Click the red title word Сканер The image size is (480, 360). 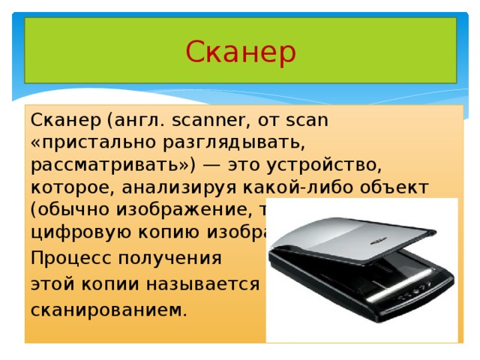(x=240, y=52)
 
